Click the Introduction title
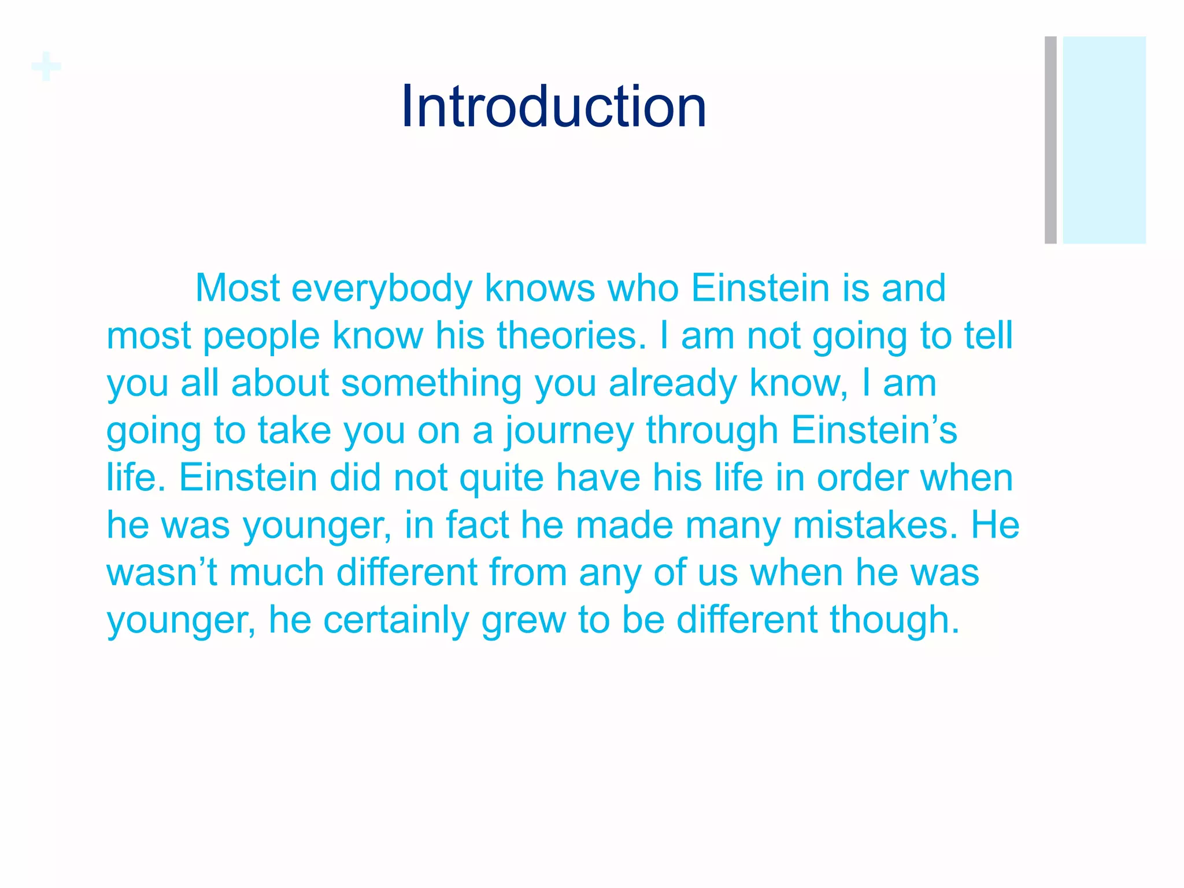(553, 106)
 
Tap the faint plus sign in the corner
(46, 67)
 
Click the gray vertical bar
(1050, 140)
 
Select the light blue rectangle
(1104, 140)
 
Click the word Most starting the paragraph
(238, 288)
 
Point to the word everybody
(382, 288)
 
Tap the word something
(431, 383)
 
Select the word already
(672, 383)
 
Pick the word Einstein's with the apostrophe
(874, 430)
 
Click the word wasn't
(162, 572)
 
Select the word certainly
(396, 620)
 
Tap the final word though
(894, 620)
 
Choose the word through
(712, 431)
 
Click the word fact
(477, 525)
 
